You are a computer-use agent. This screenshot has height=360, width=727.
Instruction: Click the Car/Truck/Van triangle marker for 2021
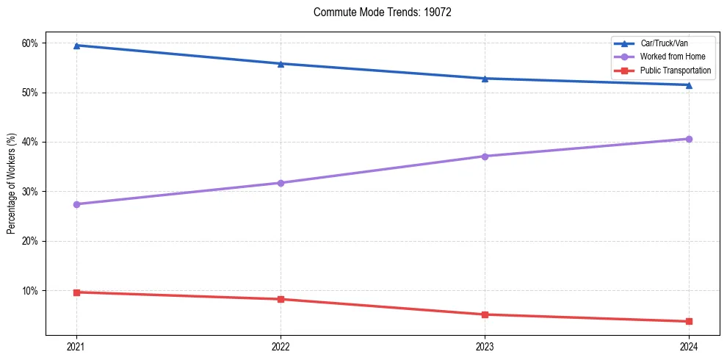point(76,46)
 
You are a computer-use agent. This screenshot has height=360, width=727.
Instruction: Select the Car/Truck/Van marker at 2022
point(281,64)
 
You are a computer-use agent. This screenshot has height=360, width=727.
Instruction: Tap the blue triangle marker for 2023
point(485,79)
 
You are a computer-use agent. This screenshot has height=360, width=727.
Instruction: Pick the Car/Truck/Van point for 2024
point(689,84)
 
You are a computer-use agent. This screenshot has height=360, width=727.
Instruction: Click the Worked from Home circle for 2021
point(76,204)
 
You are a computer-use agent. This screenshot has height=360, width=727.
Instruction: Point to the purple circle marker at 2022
point(281,183)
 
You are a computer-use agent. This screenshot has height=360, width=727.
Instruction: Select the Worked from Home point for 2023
point(485,156)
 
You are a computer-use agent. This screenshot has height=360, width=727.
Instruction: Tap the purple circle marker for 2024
point(689,139)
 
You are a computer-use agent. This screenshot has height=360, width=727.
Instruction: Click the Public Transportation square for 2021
point(76,292)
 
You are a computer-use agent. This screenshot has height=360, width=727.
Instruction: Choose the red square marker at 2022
point(281,299)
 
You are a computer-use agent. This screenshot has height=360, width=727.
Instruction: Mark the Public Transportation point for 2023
point(485,314)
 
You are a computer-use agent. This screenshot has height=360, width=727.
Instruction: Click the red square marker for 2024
point(689,321)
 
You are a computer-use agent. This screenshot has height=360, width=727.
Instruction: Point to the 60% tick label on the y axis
point(29,43)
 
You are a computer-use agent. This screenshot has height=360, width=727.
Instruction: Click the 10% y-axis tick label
point(29,291)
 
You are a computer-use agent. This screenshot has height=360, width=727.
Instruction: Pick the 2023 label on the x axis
point(485,345)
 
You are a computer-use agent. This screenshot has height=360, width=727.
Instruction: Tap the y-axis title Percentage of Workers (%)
point(12,184)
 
